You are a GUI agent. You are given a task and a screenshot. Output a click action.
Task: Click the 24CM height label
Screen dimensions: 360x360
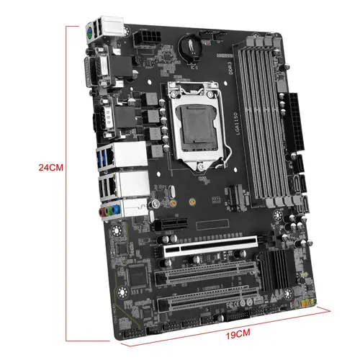(52, 167)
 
